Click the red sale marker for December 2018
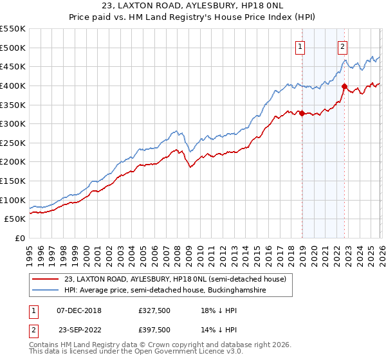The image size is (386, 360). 302,114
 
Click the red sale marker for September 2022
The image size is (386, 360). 345,87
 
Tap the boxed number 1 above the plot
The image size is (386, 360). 300,46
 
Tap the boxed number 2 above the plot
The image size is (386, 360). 343,46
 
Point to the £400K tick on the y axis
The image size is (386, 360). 13,85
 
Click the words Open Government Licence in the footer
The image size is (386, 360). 164,353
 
